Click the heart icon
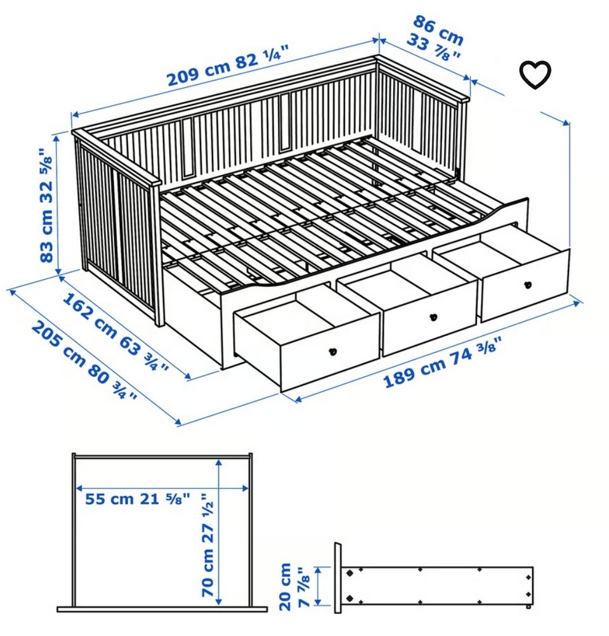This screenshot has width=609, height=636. pos(535,75)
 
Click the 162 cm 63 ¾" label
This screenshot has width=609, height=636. pos(115,331)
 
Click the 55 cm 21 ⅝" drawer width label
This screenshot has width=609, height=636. pos(137,498)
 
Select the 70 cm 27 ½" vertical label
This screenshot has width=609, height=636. pos(207,545)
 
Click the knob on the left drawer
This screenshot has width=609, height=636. pos(332,352)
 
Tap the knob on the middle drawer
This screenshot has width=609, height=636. pos(434,317)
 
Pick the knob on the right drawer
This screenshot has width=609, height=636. pos(527,284)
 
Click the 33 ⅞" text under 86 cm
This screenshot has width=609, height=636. pos(434,48)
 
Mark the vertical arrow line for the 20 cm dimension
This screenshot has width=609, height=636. pos(318,586)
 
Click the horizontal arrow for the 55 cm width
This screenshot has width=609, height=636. pos(162,488)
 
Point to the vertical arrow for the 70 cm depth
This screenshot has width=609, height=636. pos(219,531)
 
